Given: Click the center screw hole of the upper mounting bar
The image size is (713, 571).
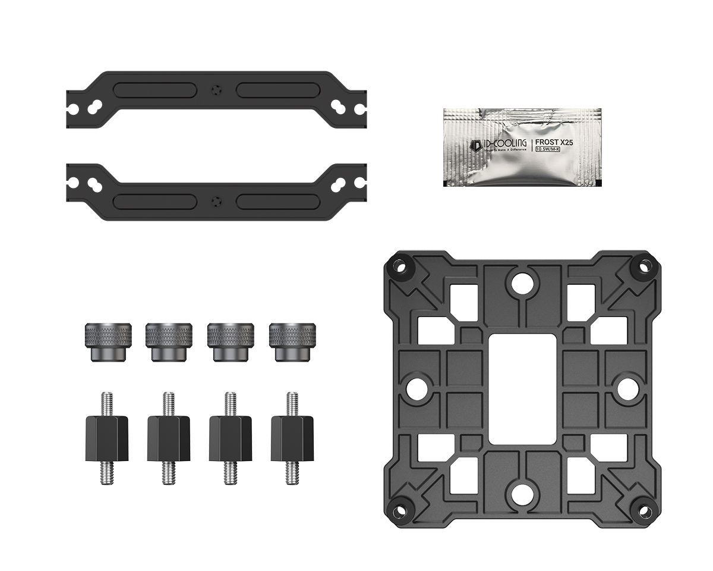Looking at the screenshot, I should coord(216,90).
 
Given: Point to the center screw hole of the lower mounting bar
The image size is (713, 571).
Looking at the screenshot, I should coord(216,200).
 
